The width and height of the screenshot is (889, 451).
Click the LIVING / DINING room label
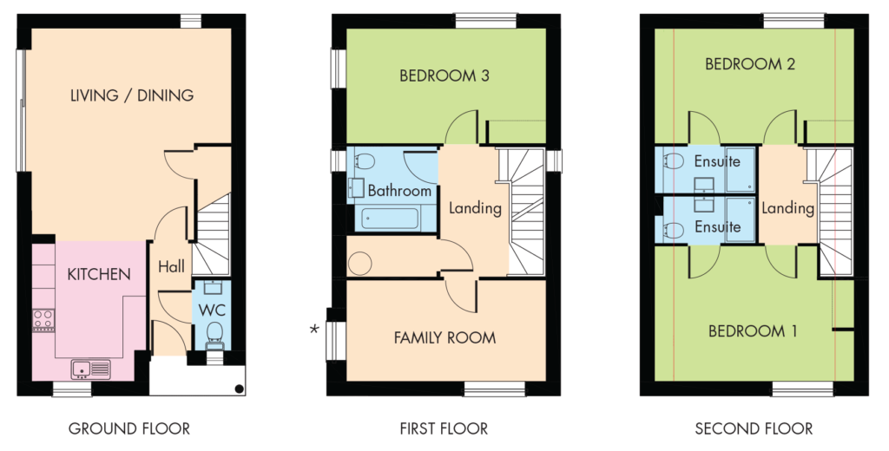132,95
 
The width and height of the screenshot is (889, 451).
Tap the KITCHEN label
99,274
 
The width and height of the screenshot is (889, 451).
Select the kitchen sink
90,369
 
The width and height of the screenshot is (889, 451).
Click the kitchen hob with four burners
43,319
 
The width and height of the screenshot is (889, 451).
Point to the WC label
212,310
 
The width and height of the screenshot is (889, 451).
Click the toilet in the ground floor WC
214,334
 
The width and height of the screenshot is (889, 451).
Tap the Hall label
171,266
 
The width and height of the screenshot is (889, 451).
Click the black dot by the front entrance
240,389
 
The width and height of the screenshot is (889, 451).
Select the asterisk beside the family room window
314,330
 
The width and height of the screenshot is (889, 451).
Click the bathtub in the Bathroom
391,218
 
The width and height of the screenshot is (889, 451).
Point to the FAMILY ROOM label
445,338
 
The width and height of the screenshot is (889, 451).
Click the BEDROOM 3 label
444,75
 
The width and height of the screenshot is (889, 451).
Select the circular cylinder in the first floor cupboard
359,264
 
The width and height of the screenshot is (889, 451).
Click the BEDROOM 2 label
750,64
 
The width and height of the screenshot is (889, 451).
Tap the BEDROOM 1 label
753,331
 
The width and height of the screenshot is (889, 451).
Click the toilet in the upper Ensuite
673,161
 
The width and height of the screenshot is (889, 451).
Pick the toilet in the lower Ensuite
673,230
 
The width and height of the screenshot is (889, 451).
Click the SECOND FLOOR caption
754,429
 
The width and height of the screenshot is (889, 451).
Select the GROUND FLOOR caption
129,429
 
